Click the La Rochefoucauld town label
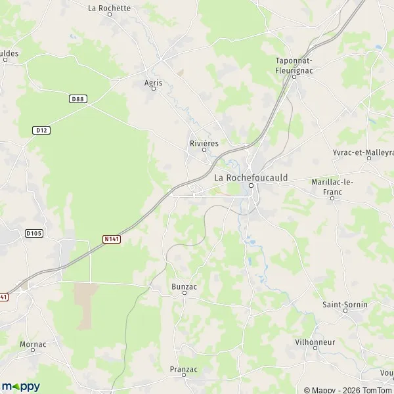click(x=251, y=177)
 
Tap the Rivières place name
click(x=204, y=142)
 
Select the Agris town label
click(x=153, y=83)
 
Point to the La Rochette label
click(x=110, y=9)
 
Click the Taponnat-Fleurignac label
click(x=294, y=65)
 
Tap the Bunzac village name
click(x=184, y=286)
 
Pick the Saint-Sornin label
click(x=345, y=305)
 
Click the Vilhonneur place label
click(x=315, y=342)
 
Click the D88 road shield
click(x=77, y=98)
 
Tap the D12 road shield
click(x=41, y=131)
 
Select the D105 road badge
click(x=33, y=233)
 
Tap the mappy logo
click(x=20, y=386)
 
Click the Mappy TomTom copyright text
click(x=348, y=390)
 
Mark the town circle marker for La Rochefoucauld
click(x=251, y=185)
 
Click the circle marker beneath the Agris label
click(x=154, y=90)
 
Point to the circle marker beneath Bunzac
click(x=185, y=294)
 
